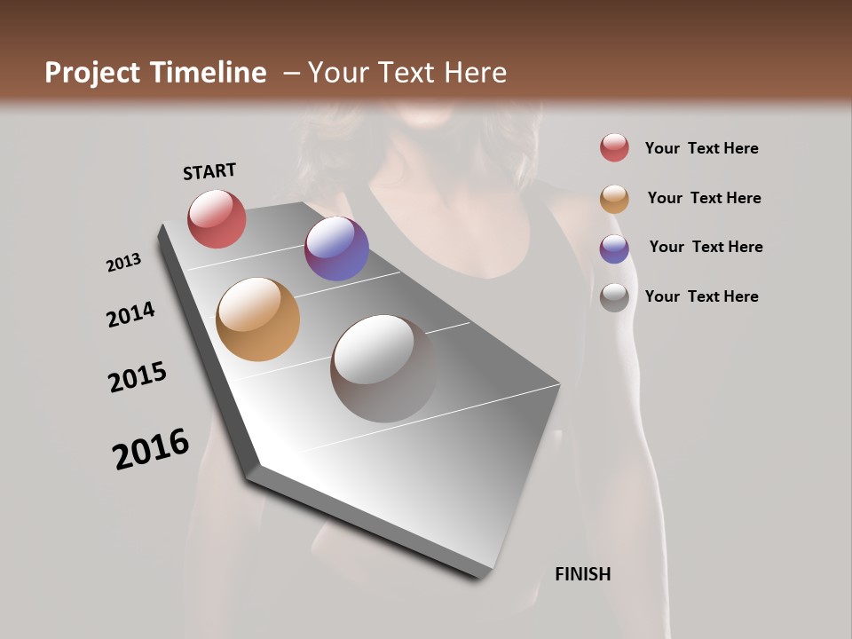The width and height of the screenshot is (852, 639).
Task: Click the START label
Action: (x=209, y=171)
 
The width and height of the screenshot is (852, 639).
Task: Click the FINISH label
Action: (x=583, y=574)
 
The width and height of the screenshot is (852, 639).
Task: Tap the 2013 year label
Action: (x=123, y=263)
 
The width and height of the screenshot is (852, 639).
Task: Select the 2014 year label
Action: (x=130, y=314)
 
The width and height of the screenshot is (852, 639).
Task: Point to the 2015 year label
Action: (x=138, y=377)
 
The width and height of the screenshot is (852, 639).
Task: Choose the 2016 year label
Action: (x=151, y=449)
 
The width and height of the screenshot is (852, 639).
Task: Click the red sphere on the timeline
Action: (x=217, y=218)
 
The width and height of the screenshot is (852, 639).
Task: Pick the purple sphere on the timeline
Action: (x=336, y=248)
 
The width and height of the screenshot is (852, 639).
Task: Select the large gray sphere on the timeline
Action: (x=384, y=368)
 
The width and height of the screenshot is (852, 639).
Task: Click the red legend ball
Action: (x=614, y=148)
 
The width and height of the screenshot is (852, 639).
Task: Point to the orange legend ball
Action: (x=614, y=199)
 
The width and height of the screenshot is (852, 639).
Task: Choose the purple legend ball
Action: (x=614, y=248)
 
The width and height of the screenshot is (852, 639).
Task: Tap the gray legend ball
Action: (x=614, y=297)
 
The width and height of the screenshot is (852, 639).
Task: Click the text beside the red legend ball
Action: (x=701, y=148)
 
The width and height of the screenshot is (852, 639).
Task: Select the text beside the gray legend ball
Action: (x=701, y=296)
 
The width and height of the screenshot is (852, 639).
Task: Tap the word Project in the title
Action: (x=93, y=73)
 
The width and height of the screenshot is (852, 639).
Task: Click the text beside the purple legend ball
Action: (x=706, y=247)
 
